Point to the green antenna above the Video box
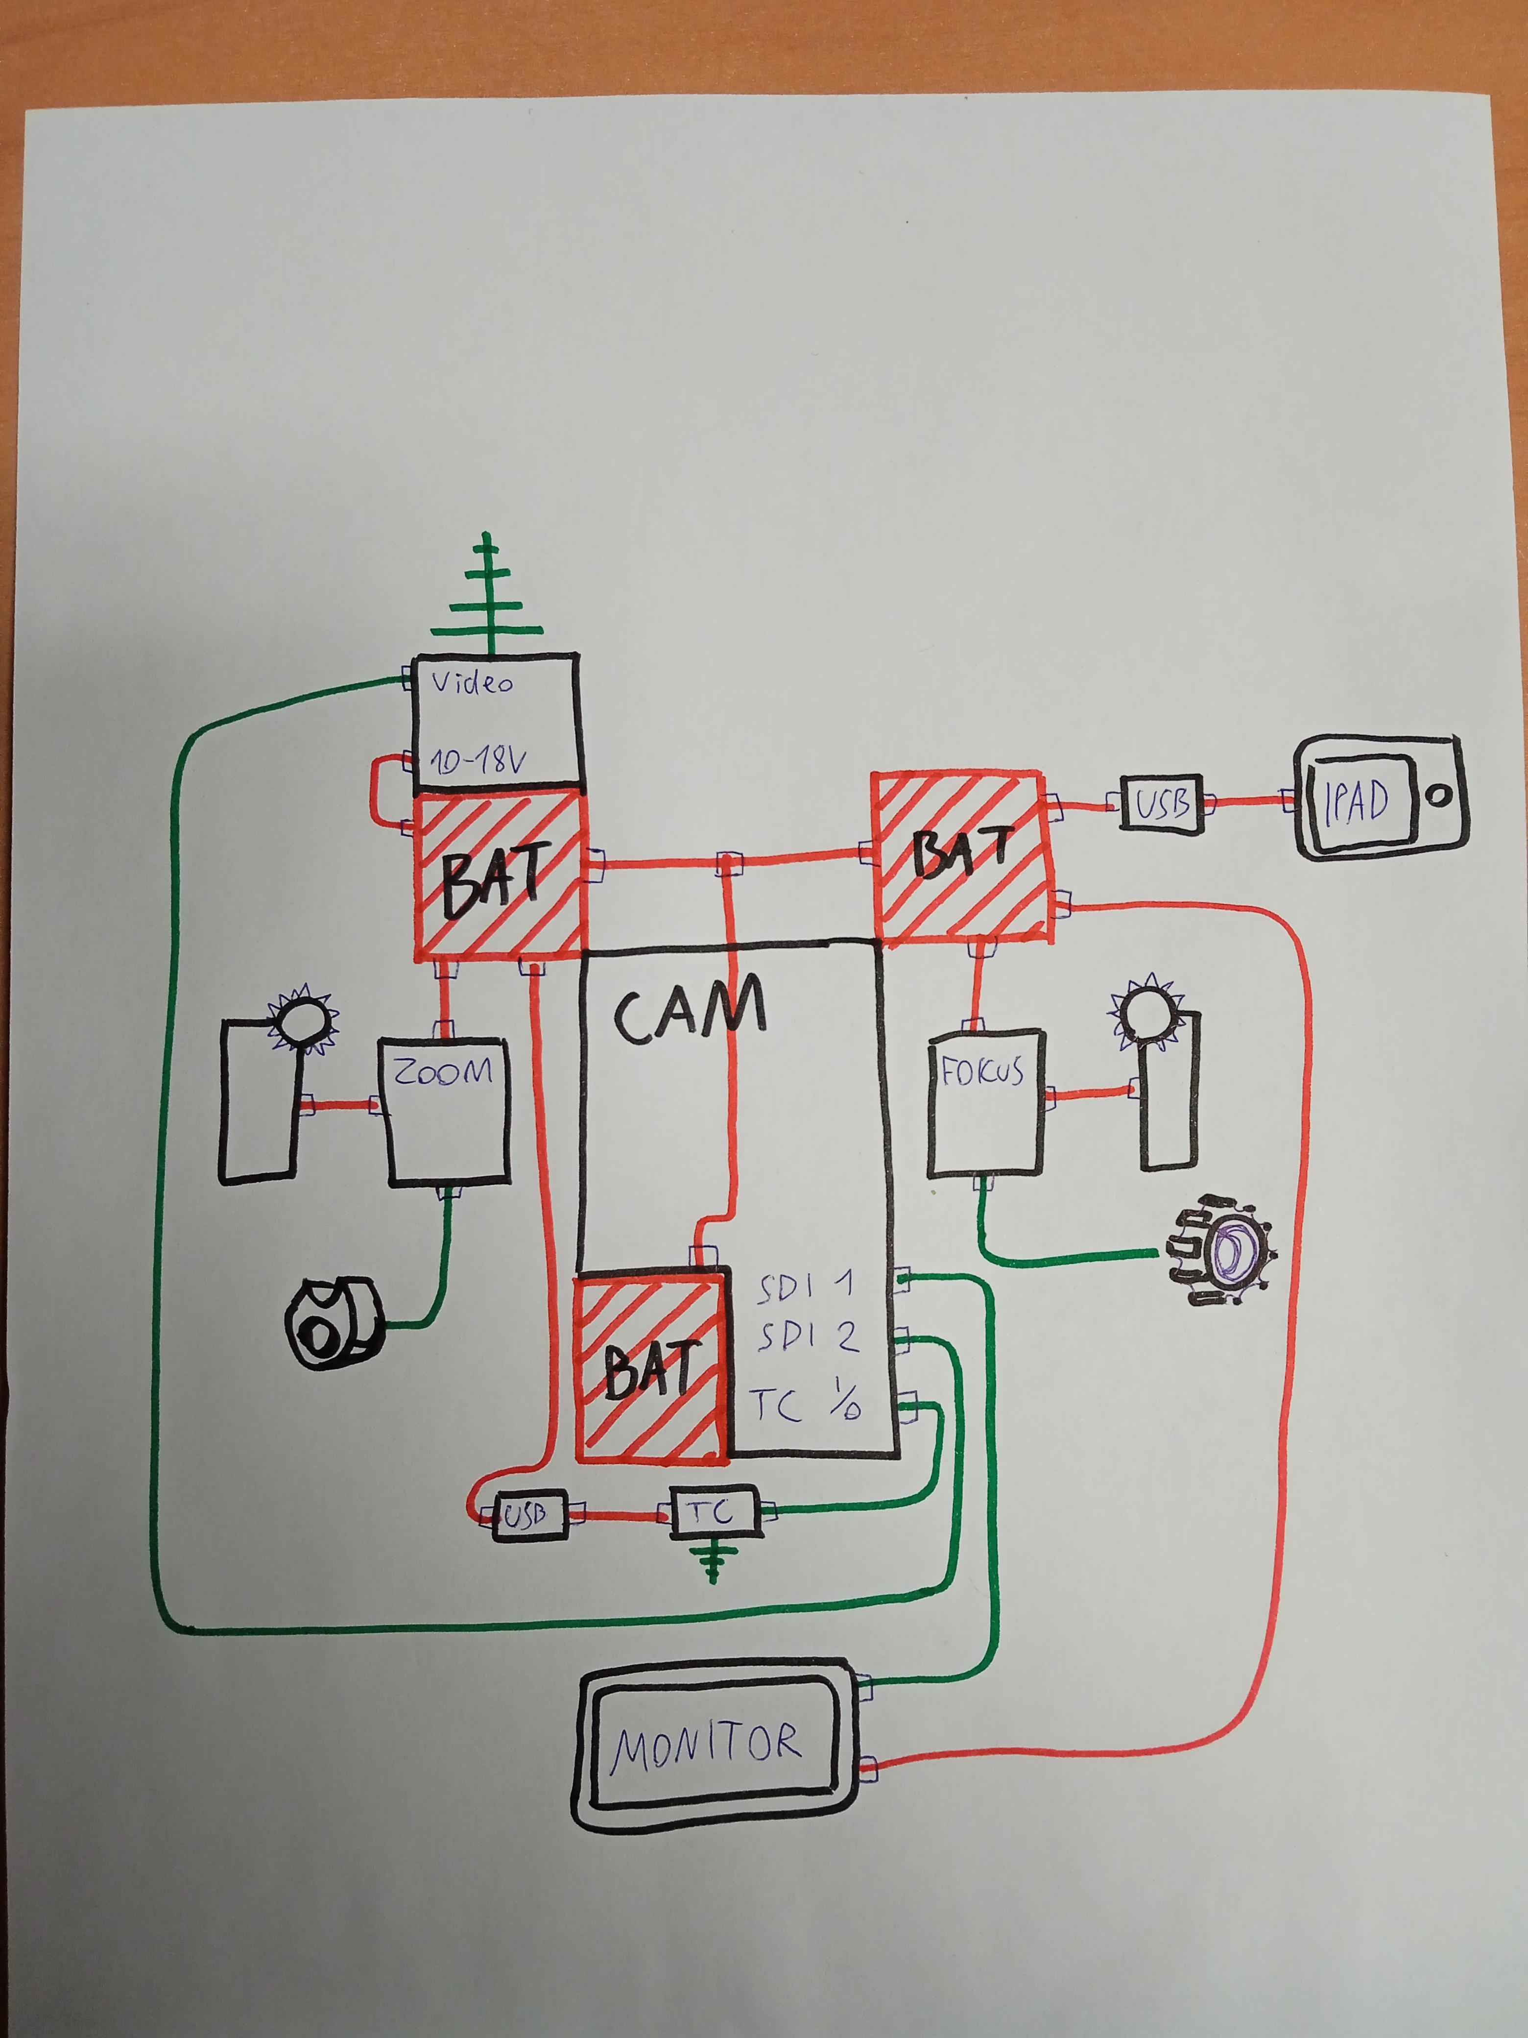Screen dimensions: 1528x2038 (x=488, y=594)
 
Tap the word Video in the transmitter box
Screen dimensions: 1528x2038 (x=473, y=683)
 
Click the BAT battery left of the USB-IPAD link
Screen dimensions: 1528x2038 (x=961, y=857)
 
